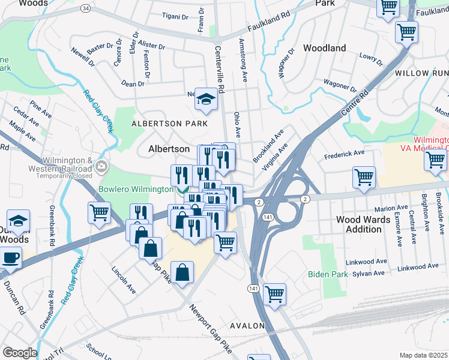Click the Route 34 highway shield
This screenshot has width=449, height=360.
click(86, 8)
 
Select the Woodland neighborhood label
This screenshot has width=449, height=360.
click(324, 48)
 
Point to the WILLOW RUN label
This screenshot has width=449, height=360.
click(421, 73)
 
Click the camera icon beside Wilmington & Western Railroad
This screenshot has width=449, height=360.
click(101, 166)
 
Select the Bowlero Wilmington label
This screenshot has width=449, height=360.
click(136, 190)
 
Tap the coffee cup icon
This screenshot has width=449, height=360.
click(10, 258)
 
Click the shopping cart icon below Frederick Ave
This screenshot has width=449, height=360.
click(364, 177)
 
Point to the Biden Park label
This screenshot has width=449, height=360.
click(328, 274)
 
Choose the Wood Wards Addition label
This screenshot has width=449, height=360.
click(363, 224)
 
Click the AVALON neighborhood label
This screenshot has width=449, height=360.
click(246, 326)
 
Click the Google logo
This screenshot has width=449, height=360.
click(20, 353)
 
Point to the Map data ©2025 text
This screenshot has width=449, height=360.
click(424, 355)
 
